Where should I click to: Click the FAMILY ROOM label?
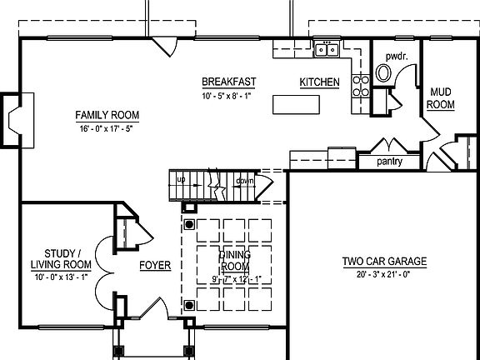(107, 115)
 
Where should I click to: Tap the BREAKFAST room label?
(228, 82)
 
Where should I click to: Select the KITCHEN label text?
(319, 82)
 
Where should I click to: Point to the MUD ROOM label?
(441, 97)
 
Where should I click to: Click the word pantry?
(390, 161)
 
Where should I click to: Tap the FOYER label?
(155, 266)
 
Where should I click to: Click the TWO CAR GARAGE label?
(384, 261)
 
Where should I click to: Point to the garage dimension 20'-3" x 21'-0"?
(384, 274)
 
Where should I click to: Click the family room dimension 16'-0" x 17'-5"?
(107, 129)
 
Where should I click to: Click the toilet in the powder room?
(384, 72)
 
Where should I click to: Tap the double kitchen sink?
(327, 50)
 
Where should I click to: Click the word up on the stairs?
(180, 179)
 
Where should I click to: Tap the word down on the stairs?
(244, 180)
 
